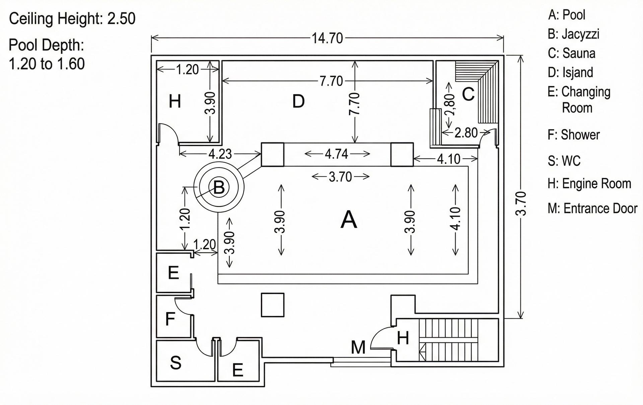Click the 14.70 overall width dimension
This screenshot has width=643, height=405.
(327, 39)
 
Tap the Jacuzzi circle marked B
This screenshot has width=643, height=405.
(219, 187)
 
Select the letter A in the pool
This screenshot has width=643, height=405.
(349, 220)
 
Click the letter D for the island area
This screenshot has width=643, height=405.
(298, 101)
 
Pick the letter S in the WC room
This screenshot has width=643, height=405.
(175, 362)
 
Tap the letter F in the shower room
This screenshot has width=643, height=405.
(170, 319)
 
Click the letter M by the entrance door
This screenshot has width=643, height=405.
(358, 347)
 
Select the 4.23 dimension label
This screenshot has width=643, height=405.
(220, 154)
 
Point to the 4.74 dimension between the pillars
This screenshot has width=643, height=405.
(337, 154)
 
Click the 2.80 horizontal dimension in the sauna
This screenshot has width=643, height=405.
(466, 133)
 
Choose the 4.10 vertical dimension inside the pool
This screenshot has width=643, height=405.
(455, 219)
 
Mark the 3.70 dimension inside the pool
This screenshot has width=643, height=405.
(340, 177)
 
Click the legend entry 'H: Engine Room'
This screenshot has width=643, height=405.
(589, 184)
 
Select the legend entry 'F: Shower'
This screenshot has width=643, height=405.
(574, 135)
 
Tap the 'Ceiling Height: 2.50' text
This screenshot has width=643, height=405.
(72, 19)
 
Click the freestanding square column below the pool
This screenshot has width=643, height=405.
(273, 305)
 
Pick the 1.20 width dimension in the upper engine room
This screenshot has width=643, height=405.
(188, 70)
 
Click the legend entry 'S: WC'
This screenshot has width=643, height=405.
(564, 161)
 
